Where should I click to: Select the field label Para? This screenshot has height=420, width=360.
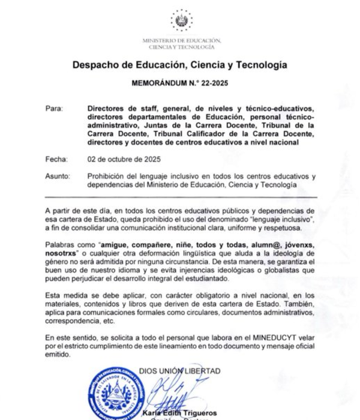coord(53,109)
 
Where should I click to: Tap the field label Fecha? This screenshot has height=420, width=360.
coord(55,160)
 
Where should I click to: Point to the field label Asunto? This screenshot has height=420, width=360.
coord(58,176)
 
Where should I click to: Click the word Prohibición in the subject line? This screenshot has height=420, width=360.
coord(107,176)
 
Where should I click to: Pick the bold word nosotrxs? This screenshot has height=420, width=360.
coord(65,255)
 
